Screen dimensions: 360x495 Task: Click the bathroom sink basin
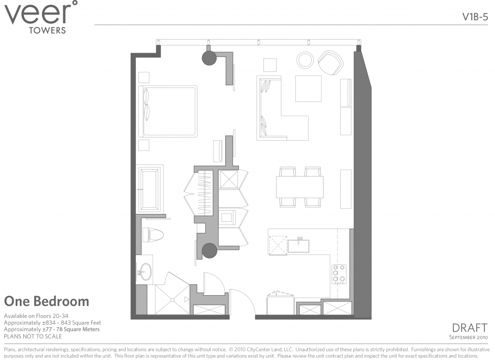point(145,272)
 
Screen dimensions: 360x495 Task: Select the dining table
point(300,187)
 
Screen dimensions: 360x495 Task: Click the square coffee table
point(308,88)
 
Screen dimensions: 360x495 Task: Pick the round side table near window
point(305,60)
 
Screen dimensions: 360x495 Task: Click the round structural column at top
point(209,58)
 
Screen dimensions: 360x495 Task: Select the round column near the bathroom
point(209,250)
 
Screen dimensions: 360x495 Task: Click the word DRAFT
point(469,328)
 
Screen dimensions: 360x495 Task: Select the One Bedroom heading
point(47,302)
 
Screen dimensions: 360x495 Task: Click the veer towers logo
point(41,17)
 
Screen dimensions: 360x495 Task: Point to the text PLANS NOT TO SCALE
point(33,336)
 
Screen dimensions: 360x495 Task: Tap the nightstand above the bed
point(144,77)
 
